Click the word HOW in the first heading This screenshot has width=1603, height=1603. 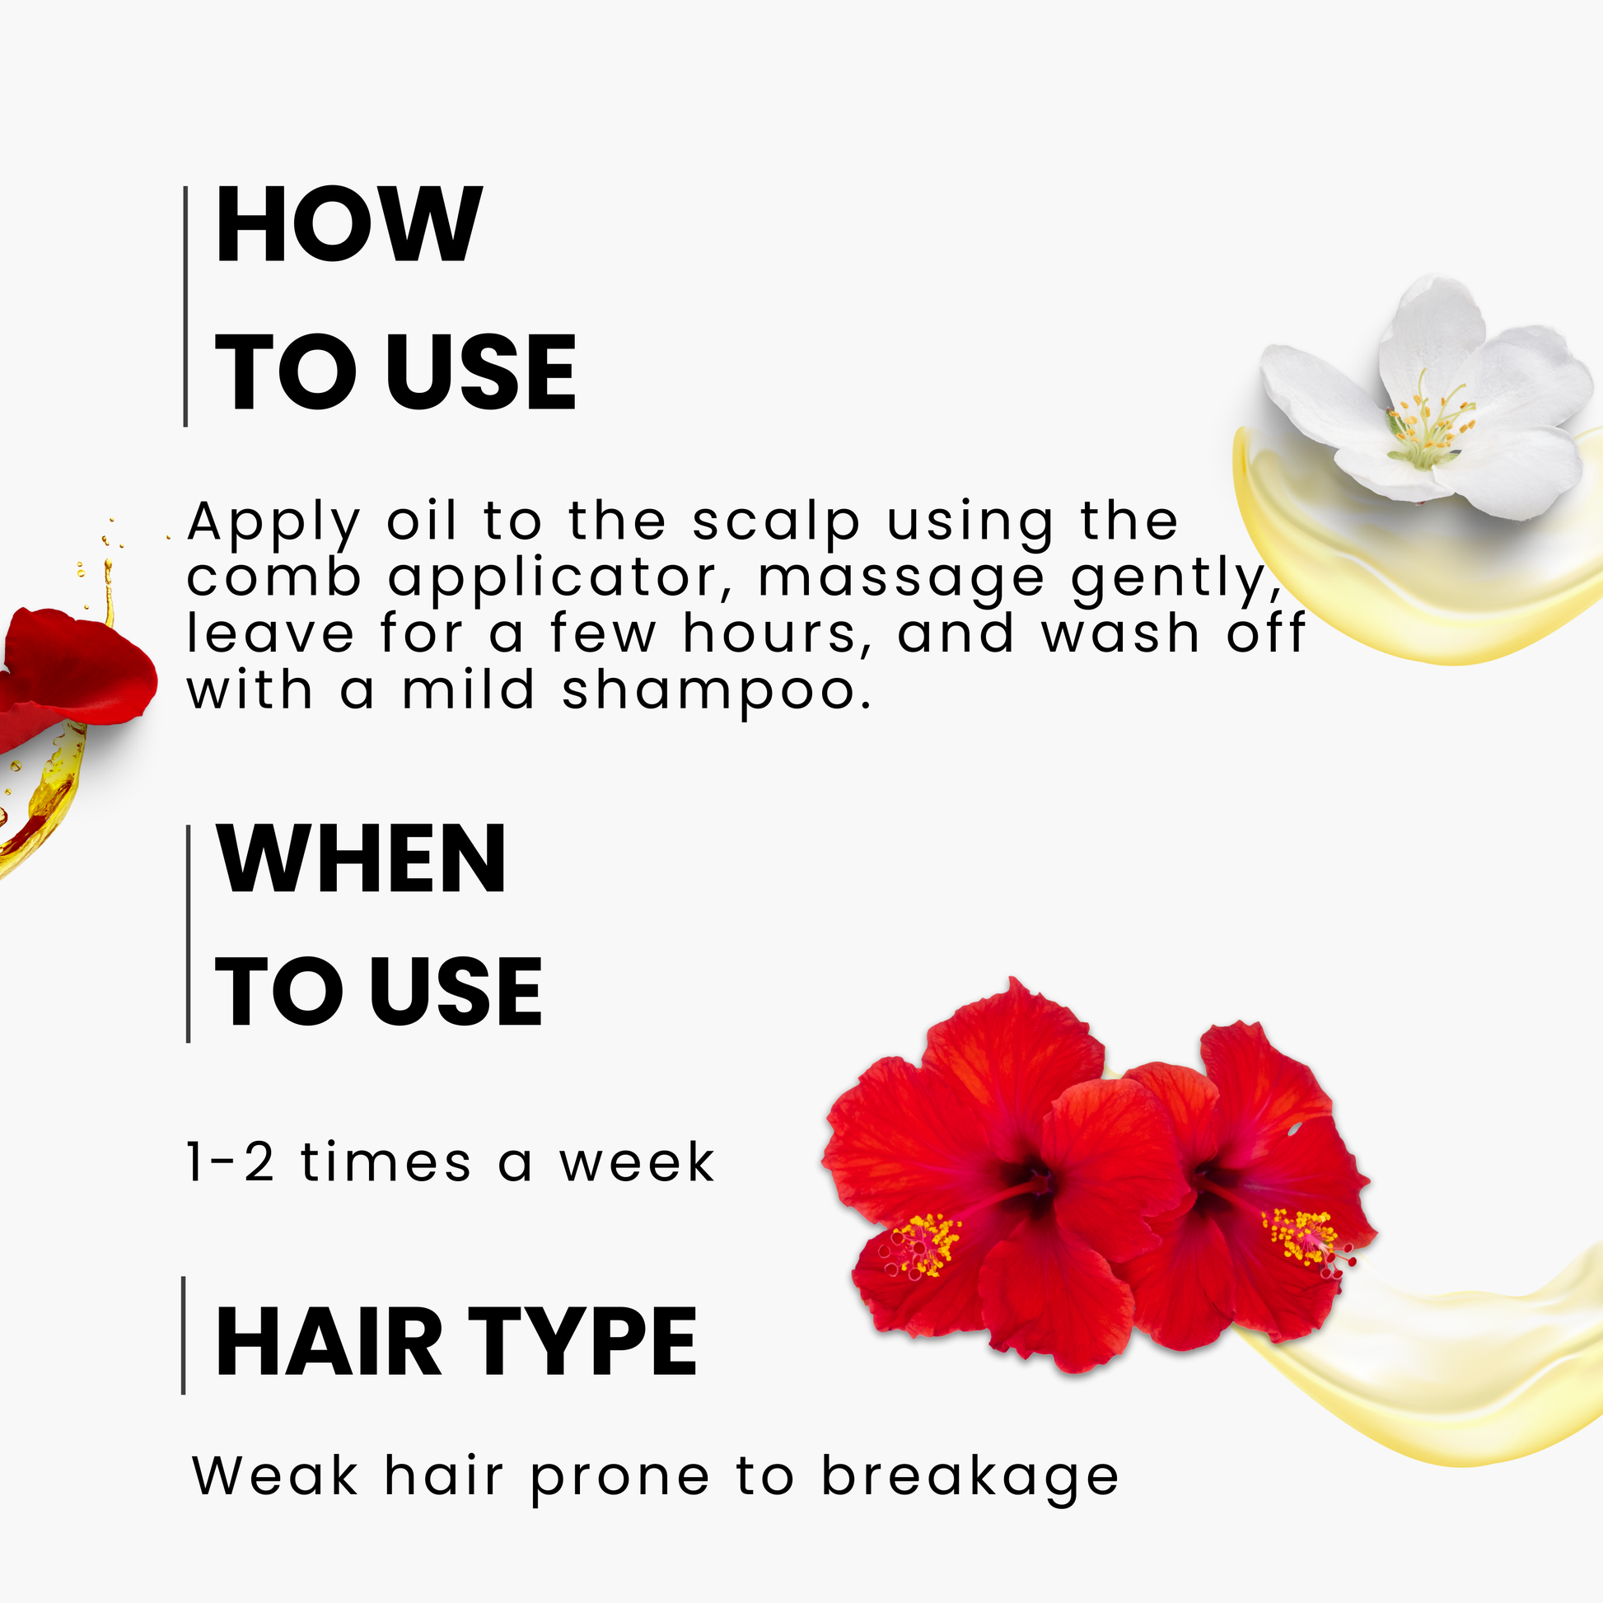(x=348, y=224)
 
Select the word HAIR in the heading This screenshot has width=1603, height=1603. (x=329, y=1342)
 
